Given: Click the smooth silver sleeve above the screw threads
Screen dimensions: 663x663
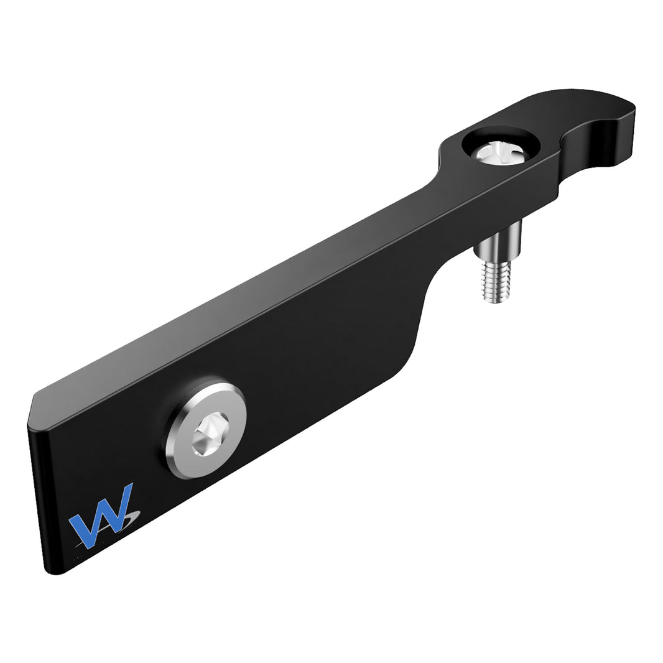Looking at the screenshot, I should click(498, 243).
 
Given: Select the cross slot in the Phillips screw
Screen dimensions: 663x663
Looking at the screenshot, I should click(498, 151).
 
